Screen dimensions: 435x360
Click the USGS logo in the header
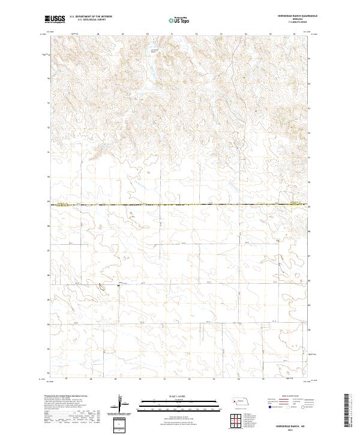click(x=55, y=19)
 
